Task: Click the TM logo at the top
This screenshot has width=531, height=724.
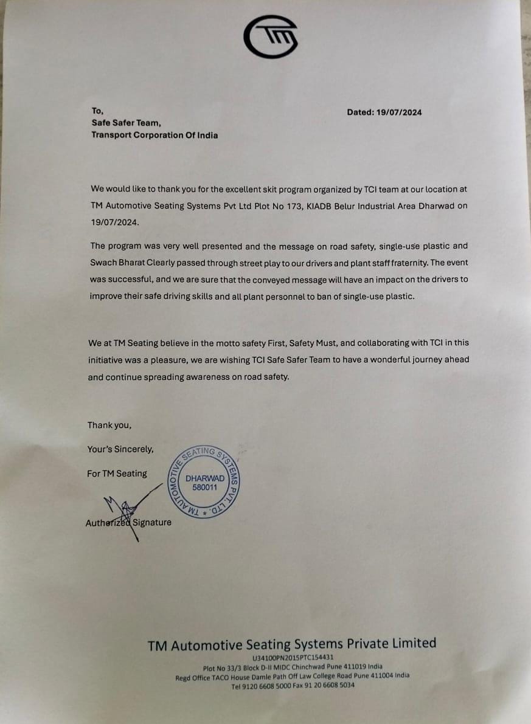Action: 271,36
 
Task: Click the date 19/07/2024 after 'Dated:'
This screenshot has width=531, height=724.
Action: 399,112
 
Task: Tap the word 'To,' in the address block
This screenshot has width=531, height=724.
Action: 98,111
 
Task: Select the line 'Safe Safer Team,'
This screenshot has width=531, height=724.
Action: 126,123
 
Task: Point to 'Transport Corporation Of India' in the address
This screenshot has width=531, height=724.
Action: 154,135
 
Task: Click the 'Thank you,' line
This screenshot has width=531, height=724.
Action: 109,426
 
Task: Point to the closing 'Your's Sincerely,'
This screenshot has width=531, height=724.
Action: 120,449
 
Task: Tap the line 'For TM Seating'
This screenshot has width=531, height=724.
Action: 117,474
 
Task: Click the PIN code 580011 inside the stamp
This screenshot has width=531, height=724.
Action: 204,487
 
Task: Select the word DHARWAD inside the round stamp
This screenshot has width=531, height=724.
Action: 204,478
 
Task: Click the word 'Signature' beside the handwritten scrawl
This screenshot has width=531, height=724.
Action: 152,522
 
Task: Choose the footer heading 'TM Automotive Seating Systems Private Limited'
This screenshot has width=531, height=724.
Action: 292,644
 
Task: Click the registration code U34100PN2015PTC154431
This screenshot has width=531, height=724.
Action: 292,658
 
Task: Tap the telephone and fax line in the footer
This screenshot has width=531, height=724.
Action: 293,685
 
